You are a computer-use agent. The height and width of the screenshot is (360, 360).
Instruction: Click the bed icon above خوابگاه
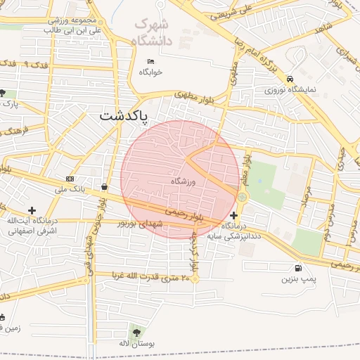[150, 61]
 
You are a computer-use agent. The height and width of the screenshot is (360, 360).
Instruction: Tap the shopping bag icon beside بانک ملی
[105, 187]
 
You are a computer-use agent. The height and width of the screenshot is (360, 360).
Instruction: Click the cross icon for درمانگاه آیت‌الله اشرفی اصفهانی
[32, 210]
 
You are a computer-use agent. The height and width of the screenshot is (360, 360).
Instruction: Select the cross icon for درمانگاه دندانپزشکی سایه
[234, 215]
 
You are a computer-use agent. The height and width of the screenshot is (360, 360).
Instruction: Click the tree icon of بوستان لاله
[136, 332]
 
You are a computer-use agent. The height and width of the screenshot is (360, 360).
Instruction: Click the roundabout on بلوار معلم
[242, 197]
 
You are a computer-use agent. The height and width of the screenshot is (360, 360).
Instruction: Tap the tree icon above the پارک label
[4, 93]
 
